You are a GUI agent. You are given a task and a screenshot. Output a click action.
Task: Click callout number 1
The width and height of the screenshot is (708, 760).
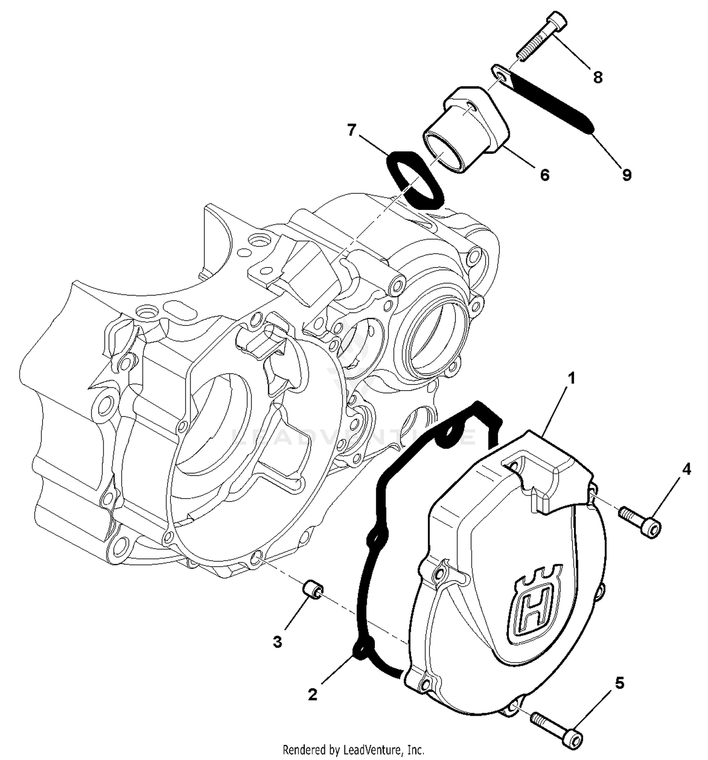pos(572,378)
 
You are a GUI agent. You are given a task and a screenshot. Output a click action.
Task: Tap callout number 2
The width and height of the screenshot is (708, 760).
pos(312,694)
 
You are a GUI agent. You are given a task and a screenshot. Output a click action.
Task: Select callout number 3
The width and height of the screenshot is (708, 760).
pos(278,642)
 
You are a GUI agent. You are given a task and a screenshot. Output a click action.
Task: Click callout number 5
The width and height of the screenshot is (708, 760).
pos(620,683)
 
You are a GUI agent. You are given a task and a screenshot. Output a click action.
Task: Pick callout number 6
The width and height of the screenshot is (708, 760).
pos(545,175)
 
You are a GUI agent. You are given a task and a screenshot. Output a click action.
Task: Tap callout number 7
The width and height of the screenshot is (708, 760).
pos(351,130)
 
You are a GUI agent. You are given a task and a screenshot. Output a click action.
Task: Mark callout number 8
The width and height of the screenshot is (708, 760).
pos(598,77)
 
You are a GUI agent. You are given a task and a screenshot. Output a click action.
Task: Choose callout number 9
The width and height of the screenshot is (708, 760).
pos(626,175)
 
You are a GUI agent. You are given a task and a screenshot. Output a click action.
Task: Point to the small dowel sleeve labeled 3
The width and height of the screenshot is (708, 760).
pos(313,590)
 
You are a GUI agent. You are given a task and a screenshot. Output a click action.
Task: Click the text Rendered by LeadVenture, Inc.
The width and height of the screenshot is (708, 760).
pos(354,749)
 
